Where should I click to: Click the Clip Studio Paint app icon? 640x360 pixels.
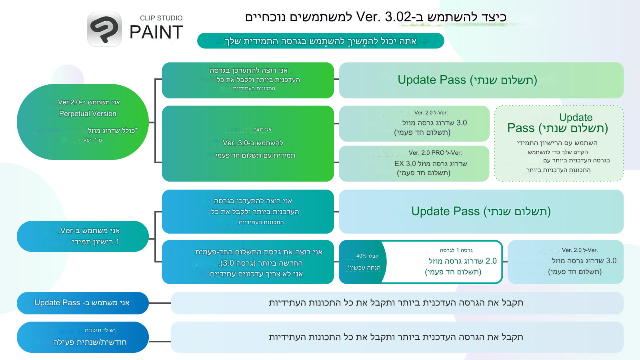click(x=104, y=29)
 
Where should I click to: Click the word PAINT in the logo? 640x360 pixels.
click(x=156, y=32)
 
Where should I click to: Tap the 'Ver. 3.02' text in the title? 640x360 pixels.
click(x=384, y=17)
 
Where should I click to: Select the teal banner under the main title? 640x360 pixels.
click(x=320, y=41)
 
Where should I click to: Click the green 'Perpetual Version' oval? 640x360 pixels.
click(x=83, y=122)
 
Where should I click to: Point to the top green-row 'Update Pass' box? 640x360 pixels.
click(x=481, y=80)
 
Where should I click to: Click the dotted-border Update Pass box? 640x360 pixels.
click(x=559, y=144)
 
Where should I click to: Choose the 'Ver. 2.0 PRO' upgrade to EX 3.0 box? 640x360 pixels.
click(x=414, y=163)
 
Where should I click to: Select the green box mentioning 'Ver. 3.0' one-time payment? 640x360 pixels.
click(x=248, y=144)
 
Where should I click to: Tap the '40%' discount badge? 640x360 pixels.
click(x=363, y=262)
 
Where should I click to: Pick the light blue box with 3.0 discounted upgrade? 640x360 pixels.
click(x=565, y=262)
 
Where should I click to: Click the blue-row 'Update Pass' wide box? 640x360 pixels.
click(x=481, y=212)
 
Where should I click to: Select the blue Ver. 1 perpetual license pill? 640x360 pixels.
click(x=83, y=236)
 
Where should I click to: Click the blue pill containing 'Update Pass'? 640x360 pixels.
click(x=83, y=303)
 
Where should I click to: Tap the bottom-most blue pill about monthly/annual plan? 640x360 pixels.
click(x=83, y=337)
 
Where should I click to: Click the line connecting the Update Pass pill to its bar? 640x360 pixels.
click(x=160, y=303)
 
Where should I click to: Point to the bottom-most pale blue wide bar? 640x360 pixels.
click(x=397, y=337)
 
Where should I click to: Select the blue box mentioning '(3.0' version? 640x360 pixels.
click(x=248, y=262)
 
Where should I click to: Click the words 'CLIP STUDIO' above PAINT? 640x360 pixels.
click(x=161, y=18)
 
